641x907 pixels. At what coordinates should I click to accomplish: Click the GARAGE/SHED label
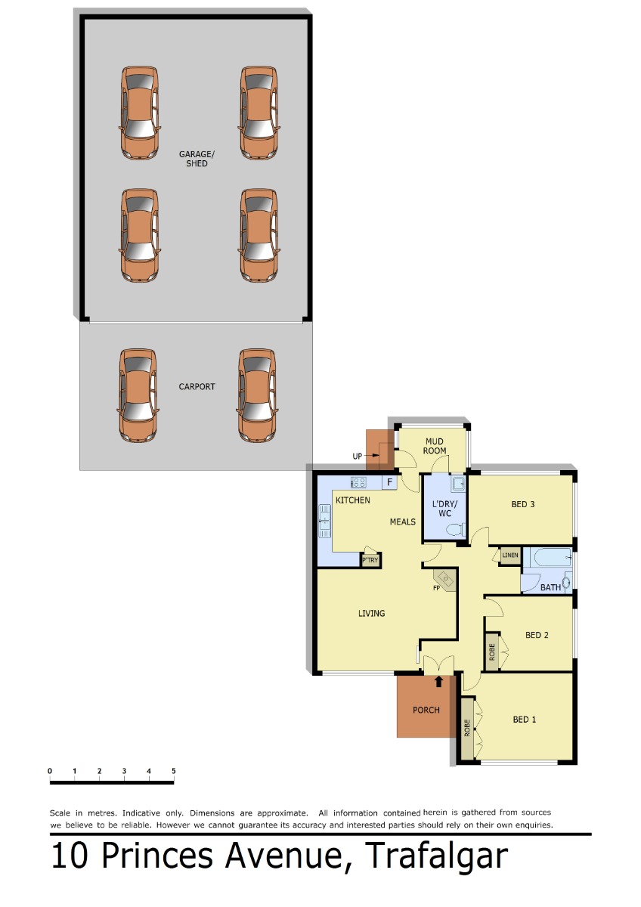[x=197, y=159]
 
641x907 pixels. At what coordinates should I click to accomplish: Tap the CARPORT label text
[x=197, y=387]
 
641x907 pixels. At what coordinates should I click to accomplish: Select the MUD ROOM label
[x=435, y=446]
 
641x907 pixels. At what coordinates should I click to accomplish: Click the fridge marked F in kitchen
[x=389, y=482]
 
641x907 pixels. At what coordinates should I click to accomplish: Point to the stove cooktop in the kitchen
[x=358, y=482]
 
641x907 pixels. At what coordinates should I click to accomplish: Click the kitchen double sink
[x=324, y=521]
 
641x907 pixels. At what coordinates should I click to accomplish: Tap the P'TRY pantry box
[x=370, y=560]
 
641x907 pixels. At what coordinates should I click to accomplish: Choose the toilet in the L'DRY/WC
[x=457, y=529]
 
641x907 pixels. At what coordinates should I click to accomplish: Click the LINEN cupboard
[x=509, y=555]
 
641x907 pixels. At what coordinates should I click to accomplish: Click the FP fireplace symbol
[x=445, y=580]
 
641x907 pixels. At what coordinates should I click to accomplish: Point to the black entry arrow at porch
[x=438, y=682]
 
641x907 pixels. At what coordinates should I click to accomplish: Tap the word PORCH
[x=426, y=710]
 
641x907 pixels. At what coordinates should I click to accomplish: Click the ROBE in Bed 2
[x=491, y=652]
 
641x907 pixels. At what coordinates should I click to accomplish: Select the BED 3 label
[x=523, y=504]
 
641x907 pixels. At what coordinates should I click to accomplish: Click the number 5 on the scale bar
[x=174, y=771]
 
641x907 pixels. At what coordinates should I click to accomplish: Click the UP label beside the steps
[x=357, y=457]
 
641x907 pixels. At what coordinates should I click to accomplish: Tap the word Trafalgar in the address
[x=435, y=856]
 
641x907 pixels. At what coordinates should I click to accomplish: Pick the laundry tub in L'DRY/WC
[x=459, y=484]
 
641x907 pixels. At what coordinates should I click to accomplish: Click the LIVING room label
[x=371, y=614]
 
